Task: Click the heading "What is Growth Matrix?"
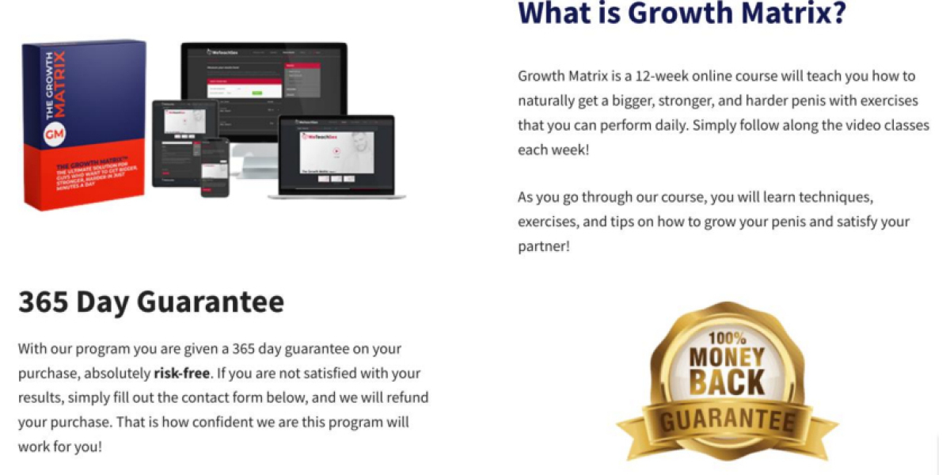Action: coord(682,13)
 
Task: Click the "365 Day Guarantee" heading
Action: coord(150,302)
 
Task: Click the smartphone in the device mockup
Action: coord(214,168)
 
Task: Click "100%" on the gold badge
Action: coord(726,337)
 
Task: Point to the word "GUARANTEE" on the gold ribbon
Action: coord(728,419)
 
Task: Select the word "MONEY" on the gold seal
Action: coord(726,358)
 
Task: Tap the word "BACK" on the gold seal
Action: coord(726,382)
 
